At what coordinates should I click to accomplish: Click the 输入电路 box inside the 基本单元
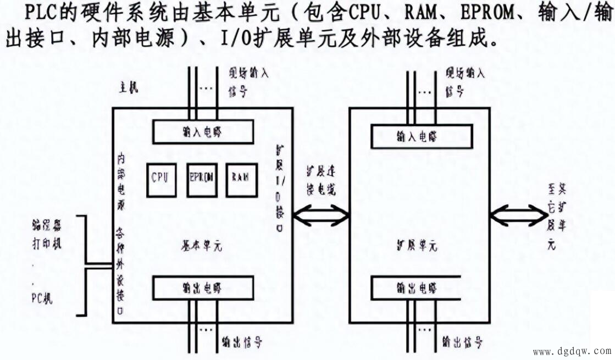(x=203, y=132)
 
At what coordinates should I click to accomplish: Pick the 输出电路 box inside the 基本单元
(x=203, y=288)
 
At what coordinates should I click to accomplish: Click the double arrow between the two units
(x=322, y=215)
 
